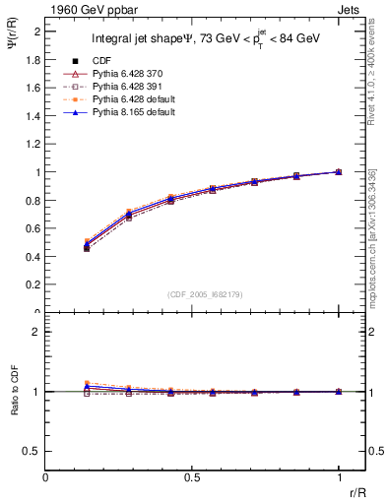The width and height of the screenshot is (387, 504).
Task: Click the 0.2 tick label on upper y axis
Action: coord(32,284)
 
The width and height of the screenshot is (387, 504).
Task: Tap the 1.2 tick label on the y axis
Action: coord(32,144)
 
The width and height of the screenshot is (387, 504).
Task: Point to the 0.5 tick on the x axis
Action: coord(192,476)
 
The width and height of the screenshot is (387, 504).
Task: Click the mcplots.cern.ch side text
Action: coord(375,246)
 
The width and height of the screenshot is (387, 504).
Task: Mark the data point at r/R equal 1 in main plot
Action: coord(339,171)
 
